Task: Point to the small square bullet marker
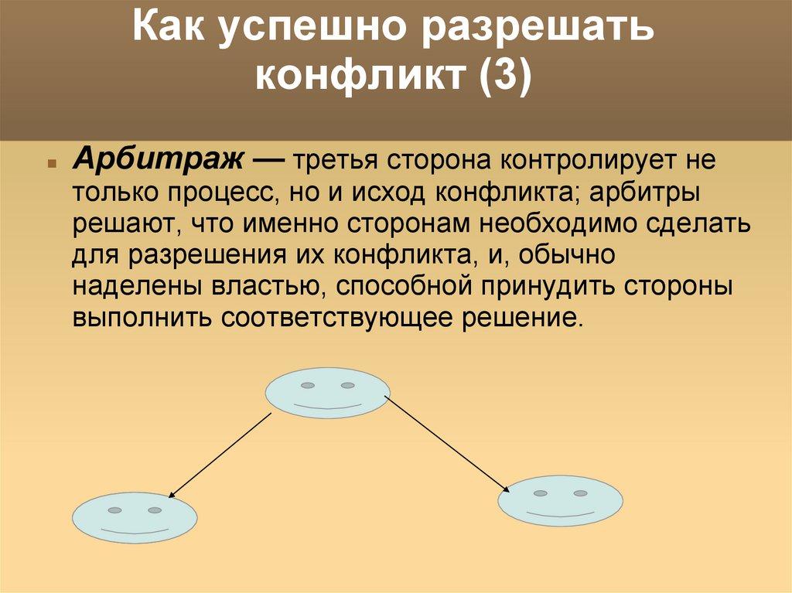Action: point(50,165)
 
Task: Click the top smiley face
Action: point(328,393)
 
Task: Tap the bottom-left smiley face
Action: point(135,517)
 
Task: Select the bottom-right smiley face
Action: point(560,500)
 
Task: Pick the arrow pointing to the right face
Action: point(448,444)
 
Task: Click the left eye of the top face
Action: point(308,385)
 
